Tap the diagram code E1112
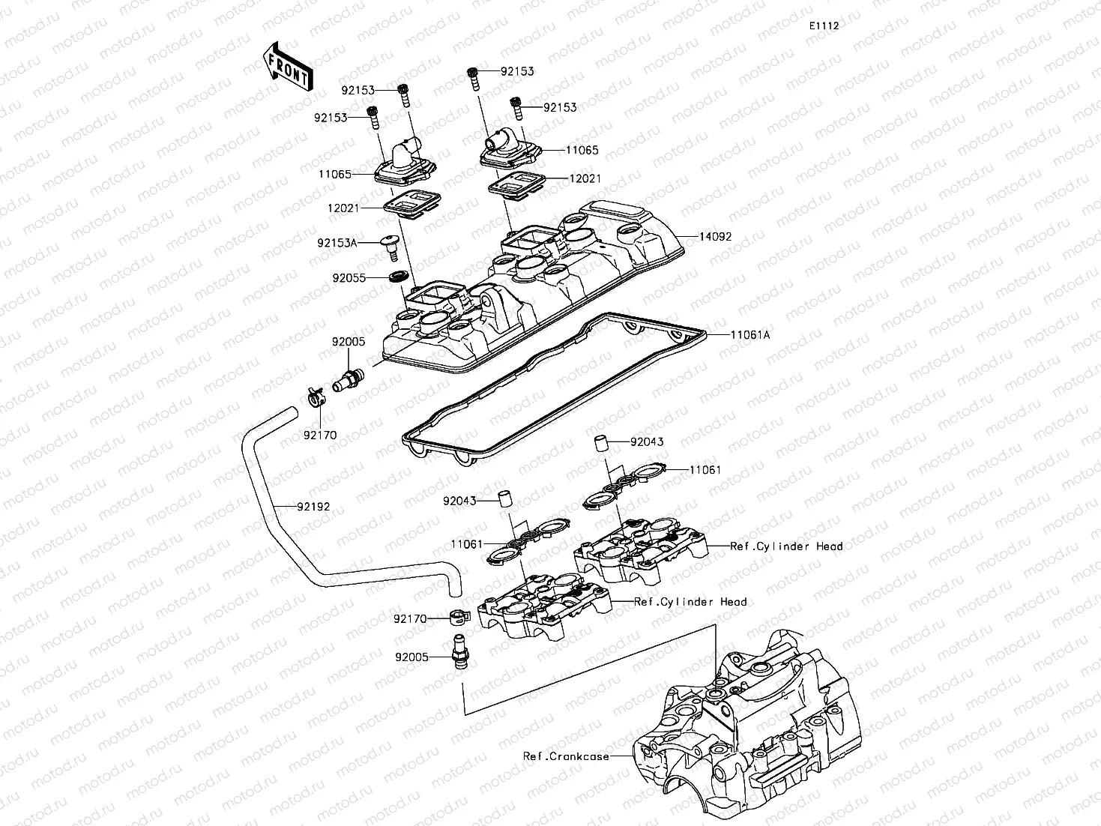[823, 25]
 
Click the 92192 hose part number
[313, 507]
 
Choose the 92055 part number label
[349, 277]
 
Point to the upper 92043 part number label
[646, 442]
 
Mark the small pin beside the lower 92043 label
[505, 499]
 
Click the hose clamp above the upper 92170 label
[315, 396]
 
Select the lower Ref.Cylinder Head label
[690, 602]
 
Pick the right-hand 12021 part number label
[585, 179]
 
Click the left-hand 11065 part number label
[334, 174]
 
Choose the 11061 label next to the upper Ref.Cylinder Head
[705, 470]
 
